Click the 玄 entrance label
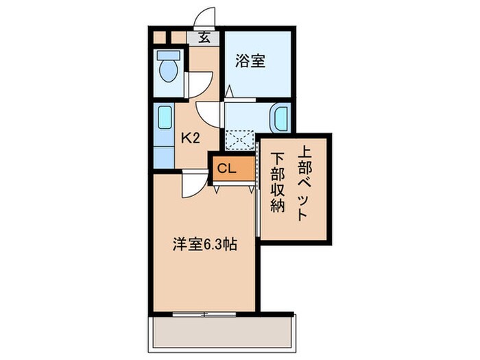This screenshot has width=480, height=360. click(x=204, y=38)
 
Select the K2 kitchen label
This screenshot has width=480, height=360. click(x=190, y=138)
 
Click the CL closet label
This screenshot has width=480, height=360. click(x=227, y=168)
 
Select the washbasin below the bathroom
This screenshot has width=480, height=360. click(x=280, y=118)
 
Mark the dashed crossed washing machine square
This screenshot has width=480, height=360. click(x=241, y=139)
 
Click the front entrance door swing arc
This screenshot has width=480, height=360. click(x=204, y=16)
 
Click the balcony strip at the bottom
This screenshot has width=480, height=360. click(x=224, y=333)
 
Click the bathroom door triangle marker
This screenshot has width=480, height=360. click(x=229, y=89)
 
